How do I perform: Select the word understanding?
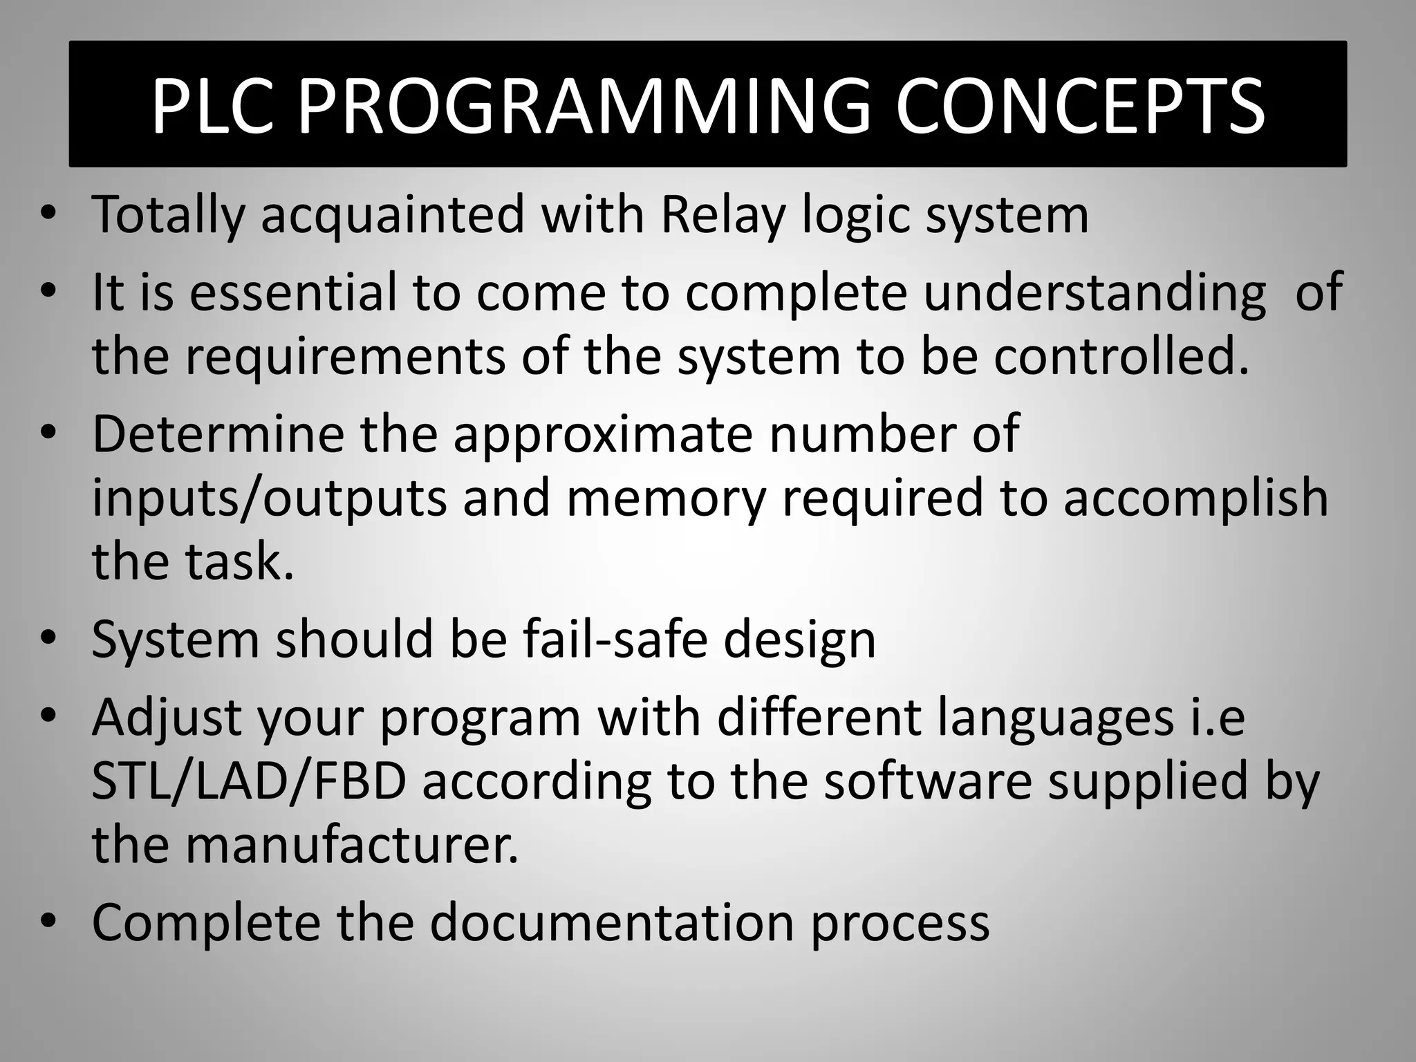(1094, 292)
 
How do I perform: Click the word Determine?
(218, 434)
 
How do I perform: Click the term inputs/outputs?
(270, 499)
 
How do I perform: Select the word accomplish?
(1195, 499)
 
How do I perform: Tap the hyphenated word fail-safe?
(615, 640)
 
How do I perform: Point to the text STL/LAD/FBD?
(249, 781)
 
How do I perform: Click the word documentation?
(612, 923)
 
